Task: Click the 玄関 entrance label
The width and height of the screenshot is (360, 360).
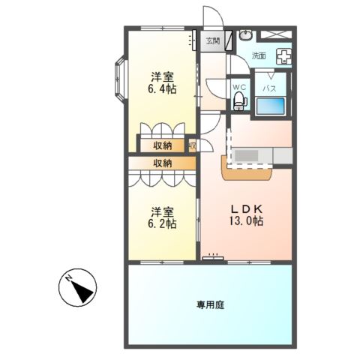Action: (213, 41)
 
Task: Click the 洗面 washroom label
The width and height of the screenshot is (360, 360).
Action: (259, 55)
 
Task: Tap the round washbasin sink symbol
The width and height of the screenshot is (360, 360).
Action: (245, 35)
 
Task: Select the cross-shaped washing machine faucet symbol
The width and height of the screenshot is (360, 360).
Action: (284, 55)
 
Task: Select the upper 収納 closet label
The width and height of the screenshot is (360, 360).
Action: (163, 145)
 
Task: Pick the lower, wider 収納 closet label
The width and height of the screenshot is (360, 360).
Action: (163, 163)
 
